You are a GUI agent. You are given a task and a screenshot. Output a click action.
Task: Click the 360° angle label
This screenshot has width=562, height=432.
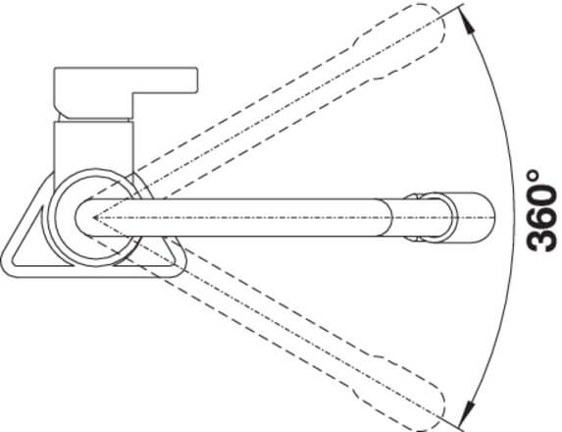[541, 211]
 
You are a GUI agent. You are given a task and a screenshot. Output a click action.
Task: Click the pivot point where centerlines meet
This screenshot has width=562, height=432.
[94, 217]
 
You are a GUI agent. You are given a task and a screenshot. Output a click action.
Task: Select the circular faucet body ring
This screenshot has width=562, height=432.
[50, 217]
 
